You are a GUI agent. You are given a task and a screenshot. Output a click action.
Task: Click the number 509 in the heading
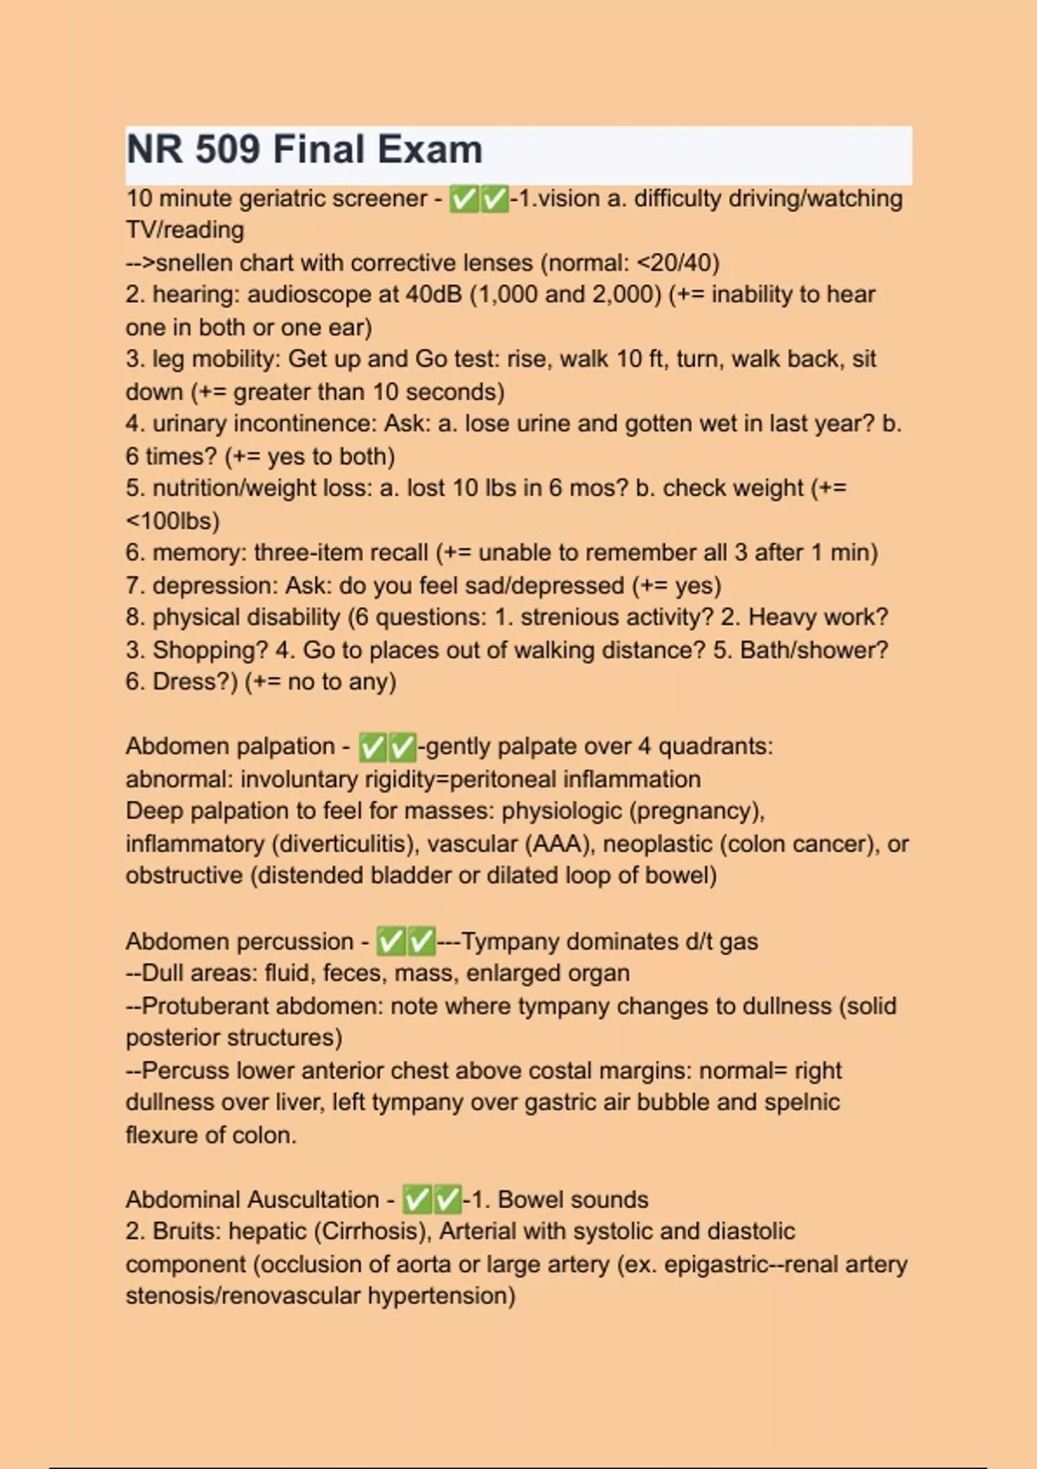[227, 149]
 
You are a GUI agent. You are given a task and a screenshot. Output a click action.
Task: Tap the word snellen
[194, 263]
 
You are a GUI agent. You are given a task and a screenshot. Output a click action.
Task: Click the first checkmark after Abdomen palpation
[372, 747]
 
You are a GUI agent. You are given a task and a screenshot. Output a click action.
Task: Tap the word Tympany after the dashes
[510, 941]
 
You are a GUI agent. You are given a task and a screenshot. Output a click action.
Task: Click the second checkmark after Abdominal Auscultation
[448, 1199]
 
